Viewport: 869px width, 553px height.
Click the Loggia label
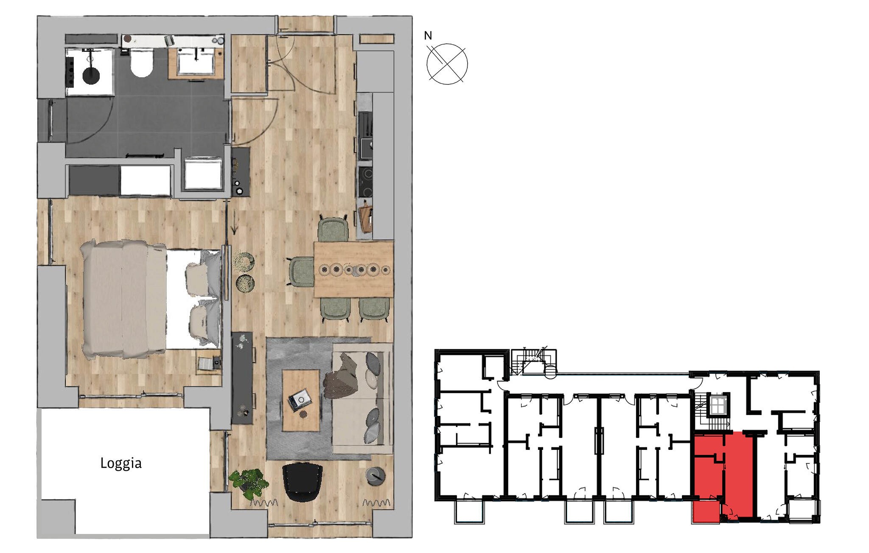[x=121, y=463]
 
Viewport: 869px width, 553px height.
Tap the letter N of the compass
[x=428, y=36]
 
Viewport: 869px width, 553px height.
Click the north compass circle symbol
[x=447, y=64]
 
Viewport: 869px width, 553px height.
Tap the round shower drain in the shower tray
[x=90, y=76]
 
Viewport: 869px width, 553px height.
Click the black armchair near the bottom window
[x=302, y=482]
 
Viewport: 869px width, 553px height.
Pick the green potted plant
[x=249, y=483]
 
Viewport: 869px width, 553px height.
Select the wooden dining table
[x=354, y=269]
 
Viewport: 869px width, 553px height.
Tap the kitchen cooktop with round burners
[x=366, y=181]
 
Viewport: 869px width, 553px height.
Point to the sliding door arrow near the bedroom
[x=234, y=222]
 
